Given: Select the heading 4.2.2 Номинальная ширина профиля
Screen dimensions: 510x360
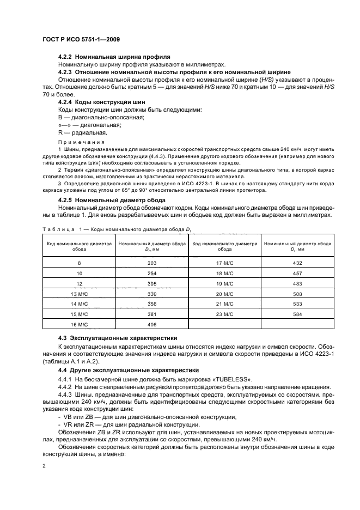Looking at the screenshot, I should [x=114, y=57].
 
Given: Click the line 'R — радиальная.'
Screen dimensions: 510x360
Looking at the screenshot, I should [x=83, y=132].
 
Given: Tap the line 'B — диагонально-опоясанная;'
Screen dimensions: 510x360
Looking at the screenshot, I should [x=101, y=117].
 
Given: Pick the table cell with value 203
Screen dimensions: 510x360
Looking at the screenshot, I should [x=152, y=263].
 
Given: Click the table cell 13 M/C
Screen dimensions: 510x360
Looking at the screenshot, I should [x=79, y=294].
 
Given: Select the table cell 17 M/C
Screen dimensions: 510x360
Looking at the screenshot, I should [x=224, y=263].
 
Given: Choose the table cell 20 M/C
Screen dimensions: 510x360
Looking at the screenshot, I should [x=224, y=294].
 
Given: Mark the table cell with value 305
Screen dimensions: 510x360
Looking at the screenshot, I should [x=152, y=283].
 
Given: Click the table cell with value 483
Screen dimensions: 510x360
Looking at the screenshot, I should [x=297, y=283].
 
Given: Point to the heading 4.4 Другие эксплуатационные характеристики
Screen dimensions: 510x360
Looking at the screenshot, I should [x=126, y=370].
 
